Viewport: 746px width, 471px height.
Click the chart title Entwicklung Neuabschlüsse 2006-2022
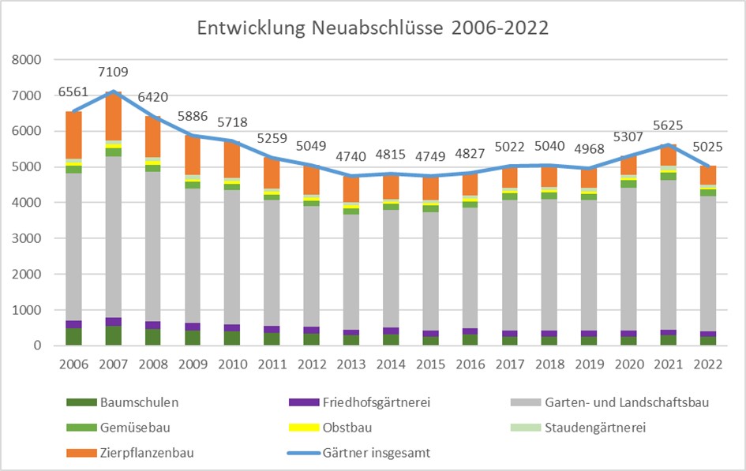[373, 28]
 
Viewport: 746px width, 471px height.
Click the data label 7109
[113, 72]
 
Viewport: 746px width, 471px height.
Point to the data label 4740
[351, 156]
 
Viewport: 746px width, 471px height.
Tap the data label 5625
[668, 125]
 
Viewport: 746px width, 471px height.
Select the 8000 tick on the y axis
[27, 60]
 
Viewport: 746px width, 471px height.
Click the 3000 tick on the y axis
[27, 238]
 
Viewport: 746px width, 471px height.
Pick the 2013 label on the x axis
[351, 364]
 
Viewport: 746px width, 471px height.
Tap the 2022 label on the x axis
[708, 364]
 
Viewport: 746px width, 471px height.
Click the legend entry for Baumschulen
[122, 402]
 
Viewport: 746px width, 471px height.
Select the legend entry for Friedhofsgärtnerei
[360, 402]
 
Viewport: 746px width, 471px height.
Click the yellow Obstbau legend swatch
[304, 428]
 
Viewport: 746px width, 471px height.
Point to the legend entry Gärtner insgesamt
[359, 453]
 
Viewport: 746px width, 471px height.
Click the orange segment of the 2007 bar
[113, 116]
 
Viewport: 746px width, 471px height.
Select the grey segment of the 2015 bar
[430, 271]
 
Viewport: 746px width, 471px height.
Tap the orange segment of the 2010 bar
[232, 159]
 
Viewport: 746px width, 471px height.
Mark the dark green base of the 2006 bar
[73, 337]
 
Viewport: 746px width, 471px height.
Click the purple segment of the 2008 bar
[153, 325]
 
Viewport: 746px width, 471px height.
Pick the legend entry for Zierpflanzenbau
[130, 453]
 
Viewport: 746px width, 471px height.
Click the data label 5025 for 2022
[708, 147]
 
